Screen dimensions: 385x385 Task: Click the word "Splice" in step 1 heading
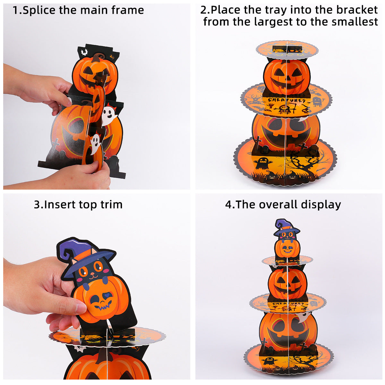point(39,10)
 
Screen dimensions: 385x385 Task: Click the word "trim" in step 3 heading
point(111,205)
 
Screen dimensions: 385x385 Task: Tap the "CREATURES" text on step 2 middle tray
point(287,100)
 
